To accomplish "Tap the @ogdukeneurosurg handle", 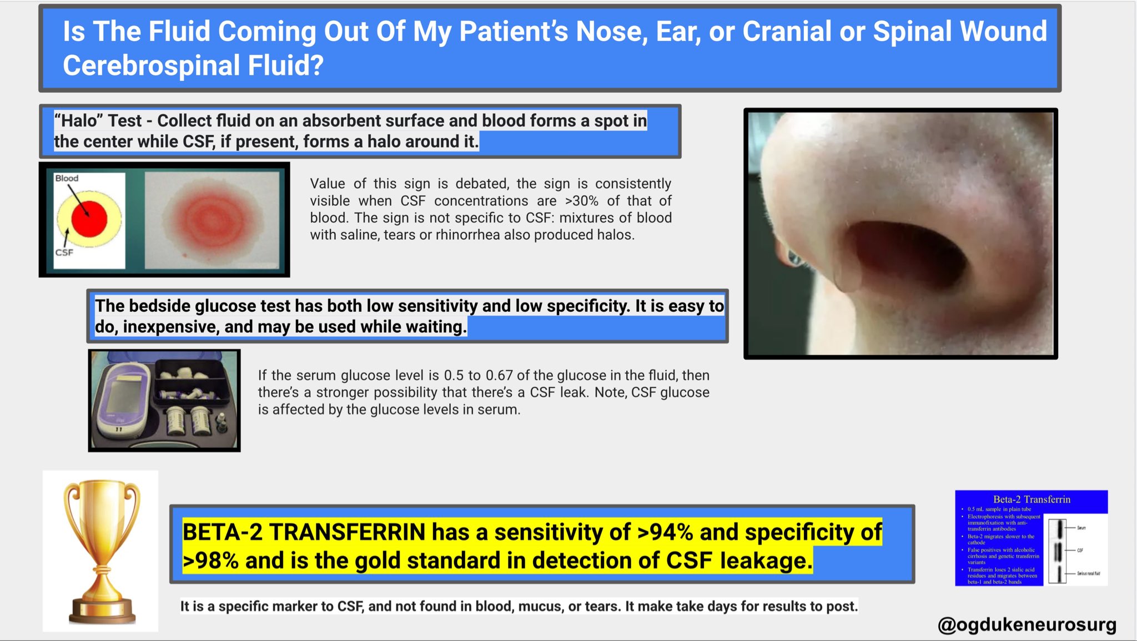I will coord(1027,625).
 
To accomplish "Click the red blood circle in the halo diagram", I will coord(89,219).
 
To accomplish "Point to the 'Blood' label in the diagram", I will coord(67,178).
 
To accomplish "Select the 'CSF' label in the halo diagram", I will coord(64,253).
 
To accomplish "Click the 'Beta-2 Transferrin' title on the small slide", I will coord(1032,499).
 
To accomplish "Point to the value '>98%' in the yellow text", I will coord(210,561).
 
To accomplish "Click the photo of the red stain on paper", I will coord(212,220).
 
